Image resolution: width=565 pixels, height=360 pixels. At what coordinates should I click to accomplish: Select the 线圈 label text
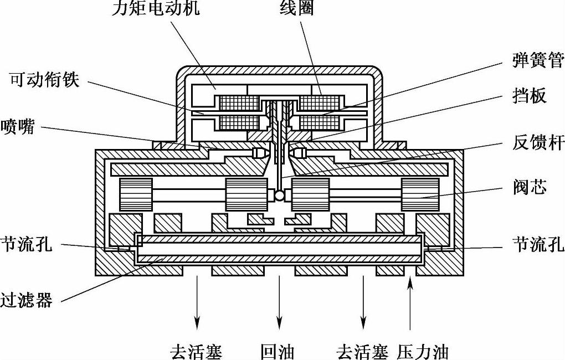point(296,8)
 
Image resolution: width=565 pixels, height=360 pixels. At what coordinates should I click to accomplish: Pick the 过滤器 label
point(26,301)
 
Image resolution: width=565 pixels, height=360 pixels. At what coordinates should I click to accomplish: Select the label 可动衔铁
point(45,80)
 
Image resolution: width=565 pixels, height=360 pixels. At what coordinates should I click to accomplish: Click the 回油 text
point(278,352)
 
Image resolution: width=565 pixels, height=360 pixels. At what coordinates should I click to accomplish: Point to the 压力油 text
point(423,352)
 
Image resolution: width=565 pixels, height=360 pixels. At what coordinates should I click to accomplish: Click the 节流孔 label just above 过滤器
point(26,244)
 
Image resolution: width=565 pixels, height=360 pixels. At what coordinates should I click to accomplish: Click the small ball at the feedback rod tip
point(280,195)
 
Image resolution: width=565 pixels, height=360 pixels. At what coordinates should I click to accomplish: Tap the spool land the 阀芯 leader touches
point(420,194)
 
